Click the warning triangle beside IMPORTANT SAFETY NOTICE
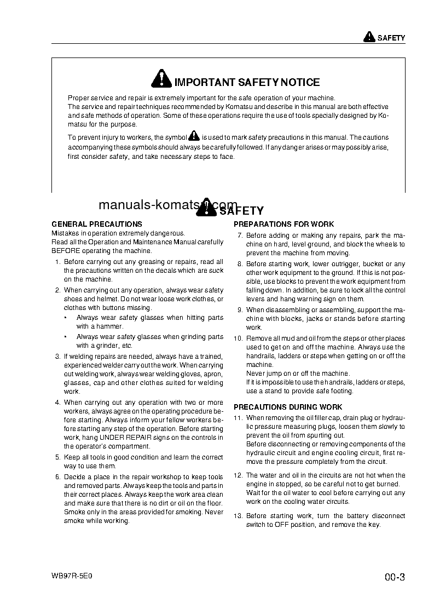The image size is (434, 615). tap(162, 79)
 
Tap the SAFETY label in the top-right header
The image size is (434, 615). tap(391, 38)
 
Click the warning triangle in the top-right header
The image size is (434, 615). tap(369, 38)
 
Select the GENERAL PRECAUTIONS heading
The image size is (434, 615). tap(97, 224)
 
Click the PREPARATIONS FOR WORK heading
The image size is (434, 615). tap(283, 225)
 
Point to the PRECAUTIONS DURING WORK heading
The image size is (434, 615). tap(288, 407)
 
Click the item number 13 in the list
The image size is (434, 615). tap(238, 516)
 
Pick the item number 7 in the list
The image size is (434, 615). tap(240, 235)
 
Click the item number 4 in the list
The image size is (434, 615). tap(57, 403)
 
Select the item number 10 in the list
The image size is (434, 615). tap(238, 338)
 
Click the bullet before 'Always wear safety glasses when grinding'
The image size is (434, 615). tap(66, 337)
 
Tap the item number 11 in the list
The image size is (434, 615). tap(238, 418)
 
